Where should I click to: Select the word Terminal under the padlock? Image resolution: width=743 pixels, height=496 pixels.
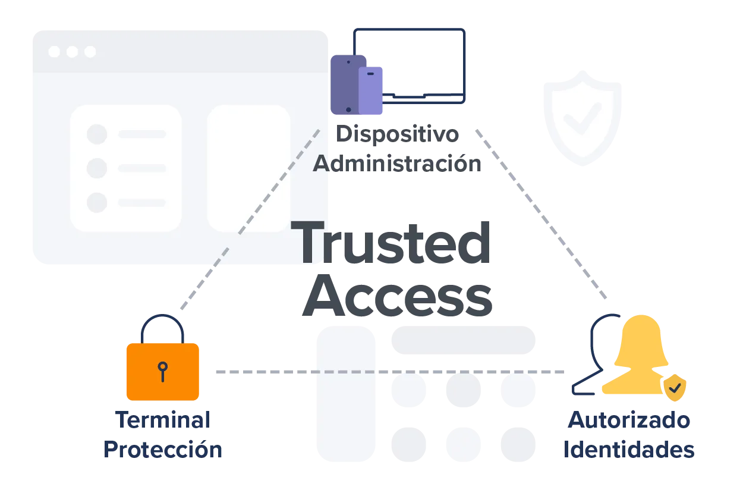click(x=162, y=420)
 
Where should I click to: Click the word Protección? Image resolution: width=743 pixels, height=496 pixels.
click(x=163, y=450)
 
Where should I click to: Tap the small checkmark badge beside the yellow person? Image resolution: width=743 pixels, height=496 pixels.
click(x=675, y=388)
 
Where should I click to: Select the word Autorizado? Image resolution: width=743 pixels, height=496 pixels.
click(x=628, y=420)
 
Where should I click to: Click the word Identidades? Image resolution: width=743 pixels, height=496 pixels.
click(x=628, y=450)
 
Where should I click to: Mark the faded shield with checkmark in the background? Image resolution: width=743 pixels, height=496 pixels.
click(x=582, y=116)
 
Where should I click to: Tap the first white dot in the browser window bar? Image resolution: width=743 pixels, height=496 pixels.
click(x=54, y=52)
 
